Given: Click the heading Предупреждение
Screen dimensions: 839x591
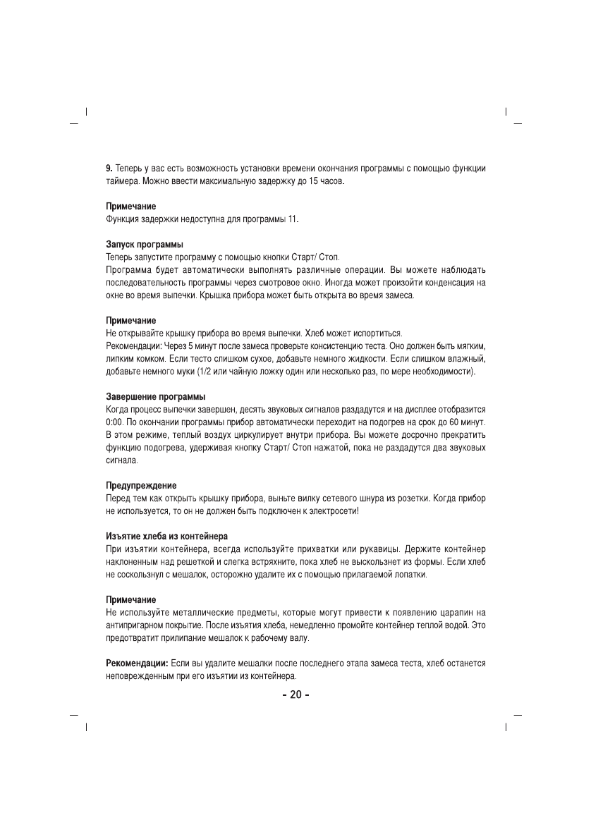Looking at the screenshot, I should click(x=141, y=486).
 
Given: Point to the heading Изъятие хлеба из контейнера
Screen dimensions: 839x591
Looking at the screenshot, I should click(x=166, y=537).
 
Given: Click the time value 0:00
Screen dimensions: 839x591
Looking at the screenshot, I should click(x=115, y=422).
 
